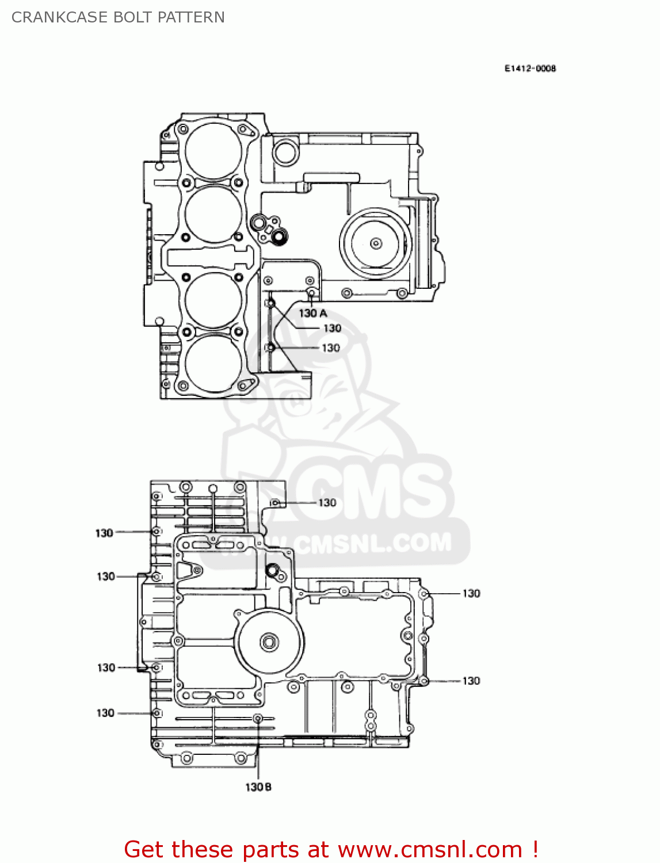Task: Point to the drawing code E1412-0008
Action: (530, 68)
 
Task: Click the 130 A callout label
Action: (312, 313)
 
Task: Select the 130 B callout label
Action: (258, 786)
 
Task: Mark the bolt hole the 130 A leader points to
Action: (311, 293)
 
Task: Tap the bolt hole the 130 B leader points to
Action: (258, 718)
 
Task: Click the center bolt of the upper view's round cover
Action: (376, 243)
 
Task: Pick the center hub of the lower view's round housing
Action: (269, 642)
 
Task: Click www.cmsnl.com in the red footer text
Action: (429, 849)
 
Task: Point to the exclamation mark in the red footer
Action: (535, 849)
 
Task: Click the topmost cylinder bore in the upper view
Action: (213, 151)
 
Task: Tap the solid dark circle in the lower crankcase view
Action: (272, 570)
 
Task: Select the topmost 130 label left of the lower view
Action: (104, 533)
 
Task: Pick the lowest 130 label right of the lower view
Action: (471, 681)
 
